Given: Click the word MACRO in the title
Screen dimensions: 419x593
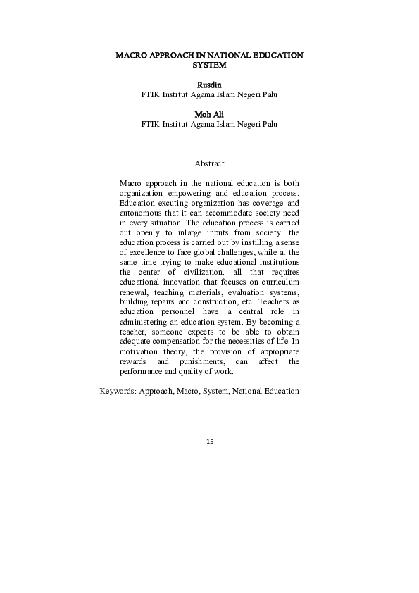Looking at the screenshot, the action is pyautogui.click(x=132, y=55).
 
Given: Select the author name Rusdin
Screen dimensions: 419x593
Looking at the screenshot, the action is pyautogui.click(x=209, y=85).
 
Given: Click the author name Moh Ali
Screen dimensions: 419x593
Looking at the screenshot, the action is pyautogui.click(x=209, y=114).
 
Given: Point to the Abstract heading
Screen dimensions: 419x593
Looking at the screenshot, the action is pyautogui.click(x=209, y=163).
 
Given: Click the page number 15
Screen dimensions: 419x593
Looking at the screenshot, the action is pyautogui.click(x=210, y=442).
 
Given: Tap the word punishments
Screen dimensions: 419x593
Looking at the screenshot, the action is pyautogui.click(x=212, y=361).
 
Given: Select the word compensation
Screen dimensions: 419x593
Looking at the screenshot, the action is pyautogui.click(x=182, y=342).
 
